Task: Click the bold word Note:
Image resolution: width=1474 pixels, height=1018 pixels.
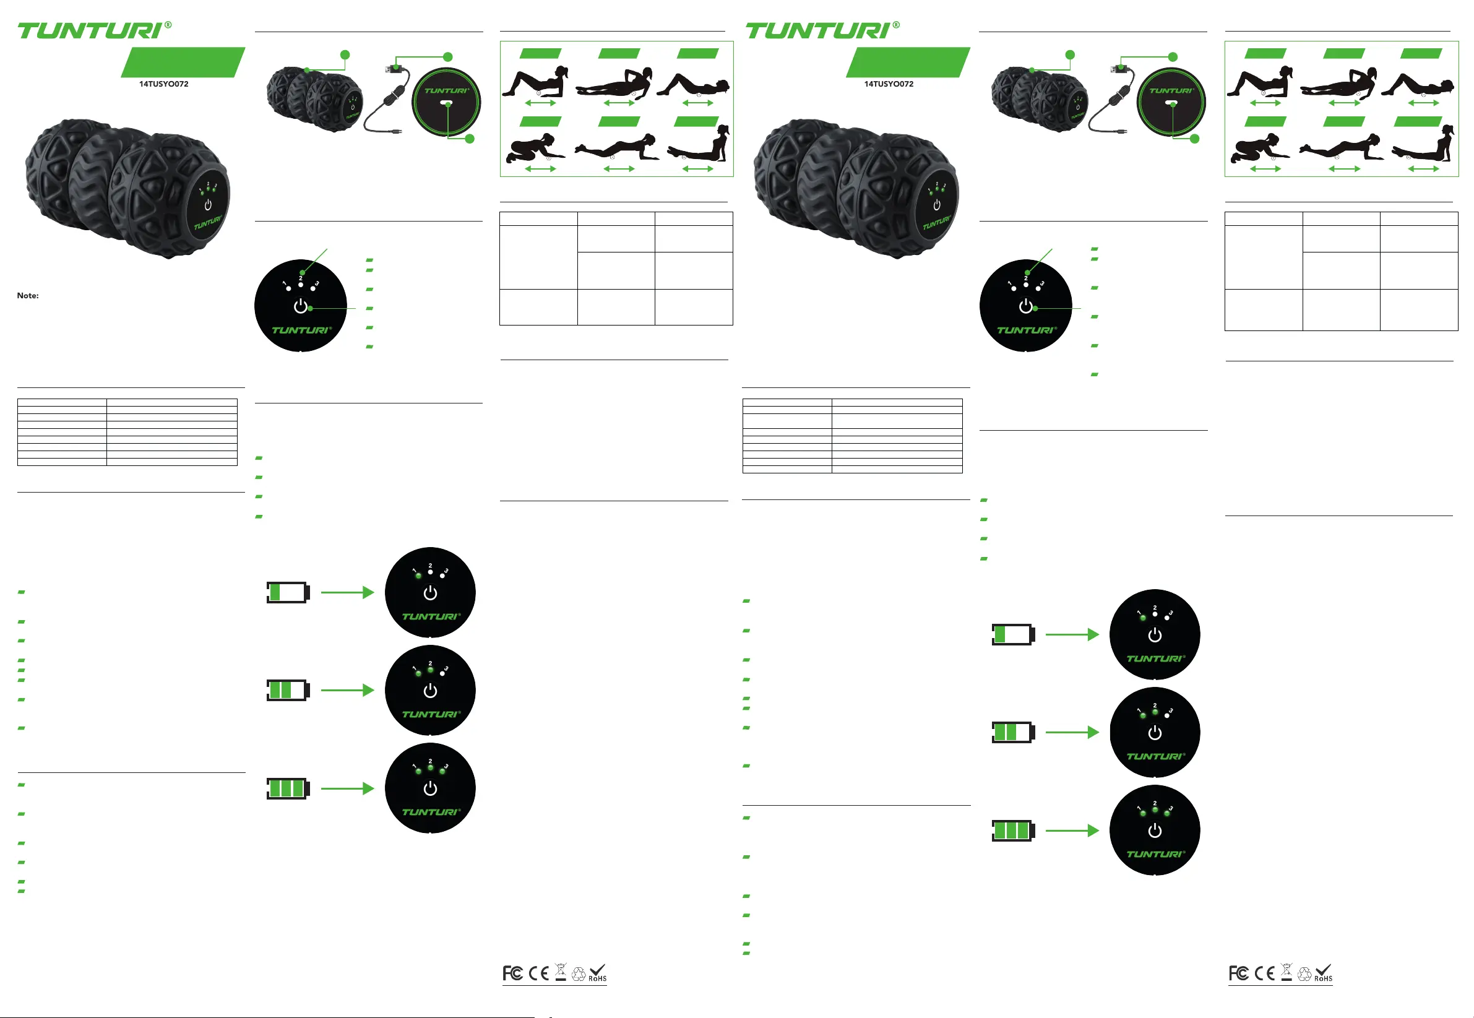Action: [27, 295]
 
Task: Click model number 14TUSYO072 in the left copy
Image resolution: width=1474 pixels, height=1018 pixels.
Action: [164, 84]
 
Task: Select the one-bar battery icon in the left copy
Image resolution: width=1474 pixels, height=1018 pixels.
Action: [288, 593]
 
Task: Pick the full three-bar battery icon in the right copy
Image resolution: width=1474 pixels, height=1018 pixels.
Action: [1013, 830]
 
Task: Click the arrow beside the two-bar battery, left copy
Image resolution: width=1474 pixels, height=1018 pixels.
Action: [347, 690]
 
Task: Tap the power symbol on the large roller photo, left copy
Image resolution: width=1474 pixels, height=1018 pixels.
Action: [207, 205]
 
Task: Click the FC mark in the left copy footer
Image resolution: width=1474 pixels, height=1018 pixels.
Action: [512, 973]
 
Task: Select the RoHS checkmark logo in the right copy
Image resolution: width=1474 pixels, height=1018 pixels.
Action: [1324, 973]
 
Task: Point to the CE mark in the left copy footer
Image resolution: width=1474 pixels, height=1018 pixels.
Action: [539, 973]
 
